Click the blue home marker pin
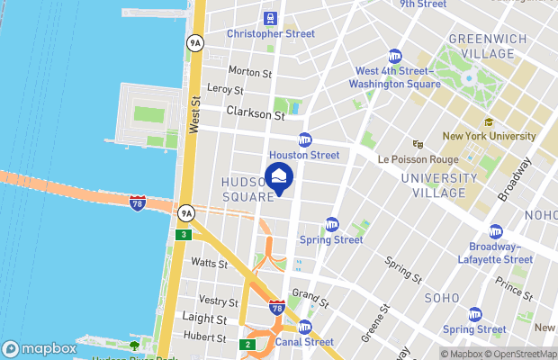tap(279, 176)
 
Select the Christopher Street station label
tap(270, 34)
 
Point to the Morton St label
tap(250, 72)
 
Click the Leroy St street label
tap(225, 90)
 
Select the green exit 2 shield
tap(247, 344)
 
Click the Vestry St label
tap(218, 301)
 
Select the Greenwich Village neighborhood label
tap(481, 46)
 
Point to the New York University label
tap(489, 137)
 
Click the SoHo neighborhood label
tap(441, 298)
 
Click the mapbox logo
tap(40, 348)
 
